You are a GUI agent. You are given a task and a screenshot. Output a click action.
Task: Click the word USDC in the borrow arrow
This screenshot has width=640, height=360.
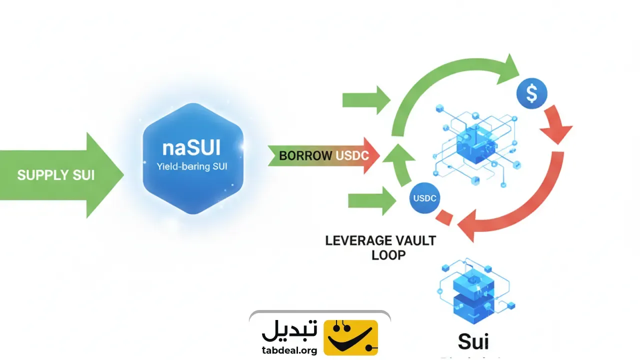click(x=352, y=155)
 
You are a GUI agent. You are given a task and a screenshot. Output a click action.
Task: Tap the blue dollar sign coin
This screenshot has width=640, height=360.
click(x=531, y=93)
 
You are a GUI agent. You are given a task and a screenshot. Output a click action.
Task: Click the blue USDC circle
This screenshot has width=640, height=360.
click(x=424, y=198)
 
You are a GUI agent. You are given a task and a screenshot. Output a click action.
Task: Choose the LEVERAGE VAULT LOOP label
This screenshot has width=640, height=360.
click(x=380, y=247)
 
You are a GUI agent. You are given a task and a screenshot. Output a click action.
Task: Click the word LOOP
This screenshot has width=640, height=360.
click(x=388, y=254)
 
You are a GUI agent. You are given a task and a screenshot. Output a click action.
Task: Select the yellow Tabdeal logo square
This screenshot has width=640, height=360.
click(x=350, y=337)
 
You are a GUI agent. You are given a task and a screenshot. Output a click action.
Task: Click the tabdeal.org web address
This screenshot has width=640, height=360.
click(x=289, y=350)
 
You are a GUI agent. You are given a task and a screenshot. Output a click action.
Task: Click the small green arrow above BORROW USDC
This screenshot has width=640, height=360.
click(x=366, y=100)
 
